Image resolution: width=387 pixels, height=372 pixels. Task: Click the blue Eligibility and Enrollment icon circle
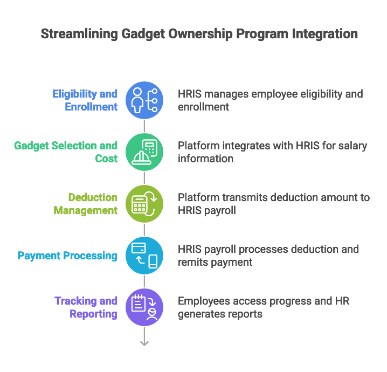tap(144, 100)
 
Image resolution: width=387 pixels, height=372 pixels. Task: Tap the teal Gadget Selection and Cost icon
tap(144, 152)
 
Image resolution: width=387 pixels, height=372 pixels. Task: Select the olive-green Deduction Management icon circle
tap(144, 204)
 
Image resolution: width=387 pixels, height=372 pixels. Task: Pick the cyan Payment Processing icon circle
tap(144, 256)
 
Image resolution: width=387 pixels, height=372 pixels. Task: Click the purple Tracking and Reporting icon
tap(144, 307)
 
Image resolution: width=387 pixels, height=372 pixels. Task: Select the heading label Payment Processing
tap(67, 256)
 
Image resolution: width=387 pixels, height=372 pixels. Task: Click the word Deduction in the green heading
tap(93, 197)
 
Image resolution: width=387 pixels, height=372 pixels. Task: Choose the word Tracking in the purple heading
tap(77, 301)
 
